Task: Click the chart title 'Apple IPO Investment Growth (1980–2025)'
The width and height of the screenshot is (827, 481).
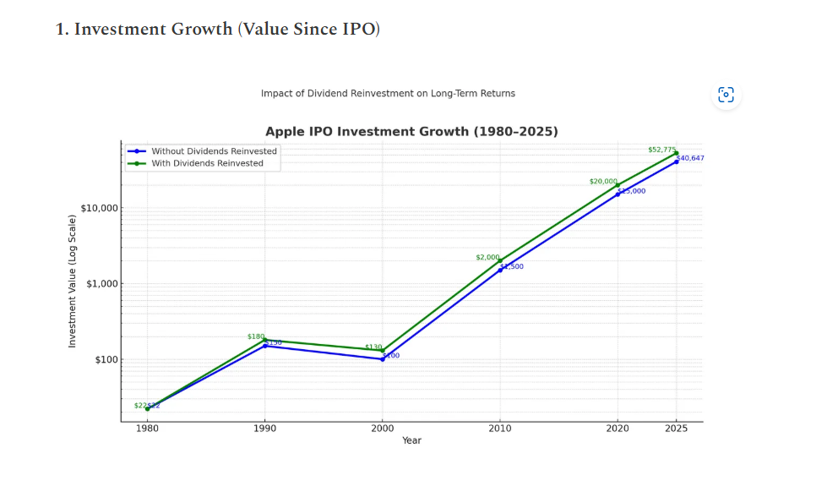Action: (411, 132)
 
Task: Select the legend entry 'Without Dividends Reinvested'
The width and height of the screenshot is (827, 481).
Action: (214, 151)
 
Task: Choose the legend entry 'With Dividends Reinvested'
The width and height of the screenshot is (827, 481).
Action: (207, 163)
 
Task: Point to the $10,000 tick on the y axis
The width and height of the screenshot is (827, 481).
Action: (100, 208)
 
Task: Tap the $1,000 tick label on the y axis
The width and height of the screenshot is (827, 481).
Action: (102, 284)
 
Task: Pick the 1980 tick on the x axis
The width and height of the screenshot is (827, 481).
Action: (148, 429)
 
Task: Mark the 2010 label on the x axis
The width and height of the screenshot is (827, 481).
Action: (500, 429)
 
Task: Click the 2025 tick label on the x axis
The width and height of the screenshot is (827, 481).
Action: (676, 429)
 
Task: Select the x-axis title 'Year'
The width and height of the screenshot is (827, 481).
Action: (411, 440)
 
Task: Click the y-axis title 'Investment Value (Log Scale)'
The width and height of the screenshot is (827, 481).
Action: (73, 281)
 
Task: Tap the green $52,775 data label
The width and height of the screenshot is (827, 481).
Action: (661, 150)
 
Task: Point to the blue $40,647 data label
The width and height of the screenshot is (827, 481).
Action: (690, 158)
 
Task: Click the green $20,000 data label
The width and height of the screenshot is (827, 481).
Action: (603, 182)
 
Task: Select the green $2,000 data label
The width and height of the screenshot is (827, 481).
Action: (487, 257)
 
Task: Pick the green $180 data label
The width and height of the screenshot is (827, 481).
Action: (255, 336)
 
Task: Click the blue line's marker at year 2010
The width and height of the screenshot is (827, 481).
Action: (500, 270)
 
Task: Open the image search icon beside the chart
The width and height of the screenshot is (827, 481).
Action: (726, 95)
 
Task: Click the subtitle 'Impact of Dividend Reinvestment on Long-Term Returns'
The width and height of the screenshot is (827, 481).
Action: (388, 93)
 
